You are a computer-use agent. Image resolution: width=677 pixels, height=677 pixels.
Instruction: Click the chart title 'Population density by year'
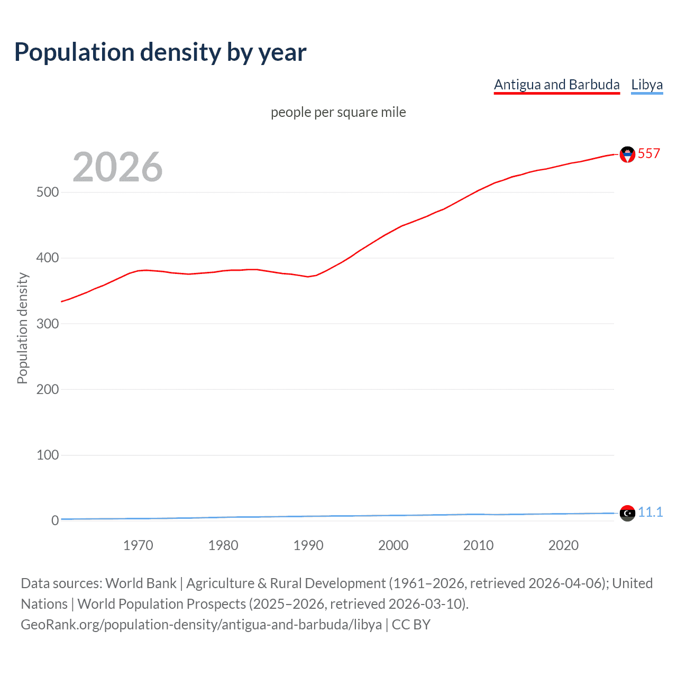(160, 52)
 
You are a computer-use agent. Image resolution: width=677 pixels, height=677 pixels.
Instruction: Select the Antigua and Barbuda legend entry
(556, 85)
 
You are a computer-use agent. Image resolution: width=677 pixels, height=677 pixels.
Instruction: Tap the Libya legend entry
(646, 85)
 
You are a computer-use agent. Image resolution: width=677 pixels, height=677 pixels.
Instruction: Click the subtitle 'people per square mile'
(338, 112)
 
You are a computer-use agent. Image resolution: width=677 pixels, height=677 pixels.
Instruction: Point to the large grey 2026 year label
(117, 167)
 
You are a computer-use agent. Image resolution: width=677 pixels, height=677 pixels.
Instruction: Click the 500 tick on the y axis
(48, 192)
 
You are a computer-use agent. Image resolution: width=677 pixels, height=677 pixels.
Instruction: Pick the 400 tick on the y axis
(48, 258)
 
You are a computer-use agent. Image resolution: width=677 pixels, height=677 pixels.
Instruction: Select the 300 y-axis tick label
(48, 324)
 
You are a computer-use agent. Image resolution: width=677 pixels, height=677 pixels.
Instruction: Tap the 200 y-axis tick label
(48, 389)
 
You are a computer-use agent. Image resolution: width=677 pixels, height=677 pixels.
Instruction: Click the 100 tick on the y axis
(48, 455)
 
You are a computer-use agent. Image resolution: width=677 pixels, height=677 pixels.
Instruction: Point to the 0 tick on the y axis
(55, 520)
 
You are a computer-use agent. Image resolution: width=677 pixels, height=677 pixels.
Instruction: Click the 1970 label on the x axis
(138, 545)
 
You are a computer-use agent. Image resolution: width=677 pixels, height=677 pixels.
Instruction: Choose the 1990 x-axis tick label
(308, 545)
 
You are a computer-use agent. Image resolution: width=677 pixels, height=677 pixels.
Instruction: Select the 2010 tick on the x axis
(478, 545)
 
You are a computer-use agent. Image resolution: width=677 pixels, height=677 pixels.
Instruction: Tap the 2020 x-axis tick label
(563, 545)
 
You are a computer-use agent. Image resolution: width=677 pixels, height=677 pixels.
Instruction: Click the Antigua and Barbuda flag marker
(627, 154)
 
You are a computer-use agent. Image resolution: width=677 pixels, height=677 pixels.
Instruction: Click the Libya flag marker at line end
(627, 513)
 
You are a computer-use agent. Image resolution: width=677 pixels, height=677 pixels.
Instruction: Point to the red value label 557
(649, 153)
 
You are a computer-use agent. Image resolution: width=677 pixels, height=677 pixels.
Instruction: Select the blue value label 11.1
(650, 512)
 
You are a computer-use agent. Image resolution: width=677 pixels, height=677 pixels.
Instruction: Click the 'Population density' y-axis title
(22, 328)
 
